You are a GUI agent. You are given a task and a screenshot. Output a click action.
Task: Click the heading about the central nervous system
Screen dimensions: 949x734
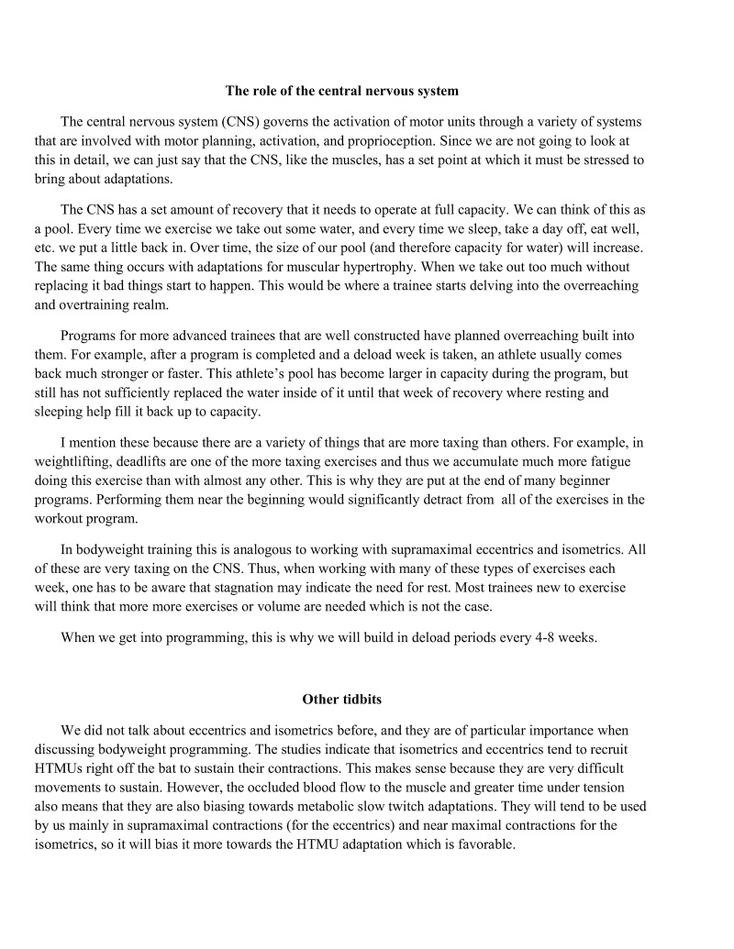tap(341, 91)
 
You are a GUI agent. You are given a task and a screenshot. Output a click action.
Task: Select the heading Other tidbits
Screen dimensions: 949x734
tap(341, 700)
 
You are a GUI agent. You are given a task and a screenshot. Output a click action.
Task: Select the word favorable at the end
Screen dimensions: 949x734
tap(483, 844)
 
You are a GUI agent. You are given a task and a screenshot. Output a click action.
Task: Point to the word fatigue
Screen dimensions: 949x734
tap(607, 462)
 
